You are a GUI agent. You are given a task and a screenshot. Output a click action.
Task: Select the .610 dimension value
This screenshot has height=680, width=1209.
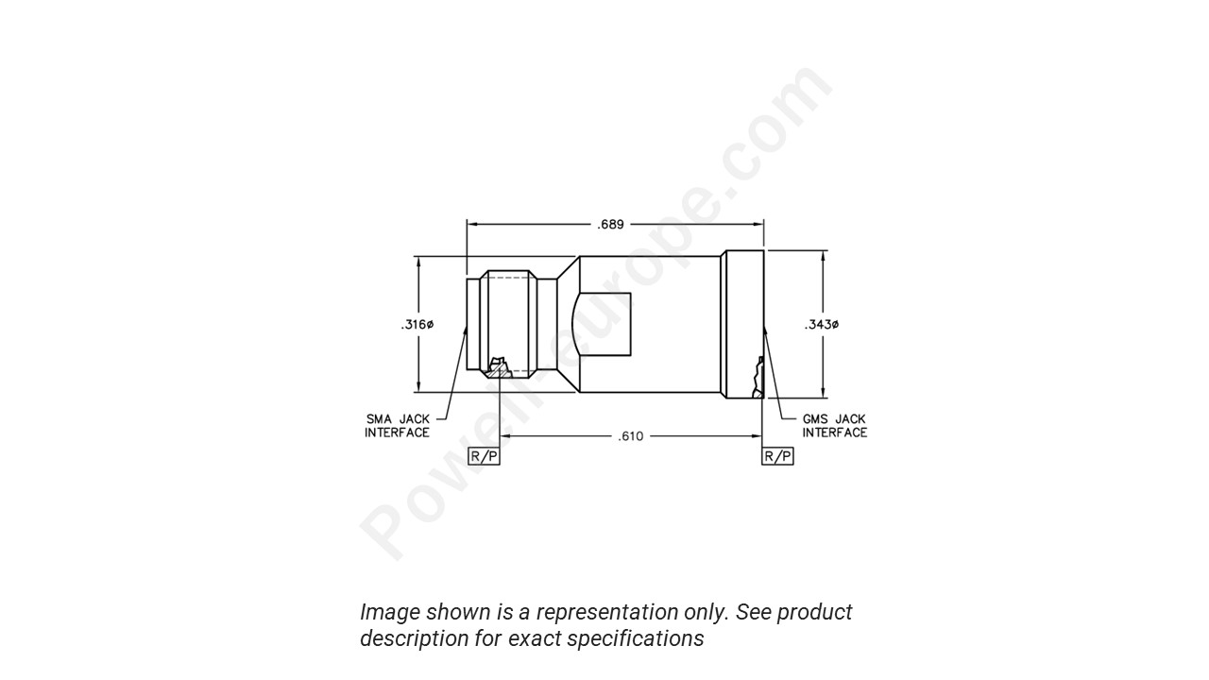coord(630,436)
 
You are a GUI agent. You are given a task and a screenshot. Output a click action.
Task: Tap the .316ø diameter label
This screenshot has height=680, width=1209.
coord(417,325)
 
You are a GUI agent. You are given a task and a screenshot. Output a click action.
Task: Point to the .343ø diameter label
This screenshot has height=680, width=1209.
coord(822,325)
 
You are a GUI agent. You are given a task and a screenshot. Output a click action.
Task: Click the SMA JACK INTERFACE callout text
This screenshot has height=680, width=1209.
coord(397,426)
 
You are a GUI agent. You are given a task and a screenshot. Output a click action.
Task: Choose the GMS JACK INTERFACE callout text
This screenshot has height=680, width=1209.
coord(834,426)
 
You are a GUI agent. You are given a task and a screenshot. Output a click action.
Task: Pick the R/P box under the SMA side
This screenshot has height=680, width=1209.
coord(484,456)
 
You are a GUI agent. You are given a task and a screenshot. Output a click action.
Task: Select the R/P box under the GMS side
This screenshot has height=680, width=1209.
coord(777,456)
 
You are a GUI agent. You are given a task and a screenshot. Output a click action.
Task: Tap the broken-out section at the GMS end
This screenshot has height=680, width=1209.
coord(756,378)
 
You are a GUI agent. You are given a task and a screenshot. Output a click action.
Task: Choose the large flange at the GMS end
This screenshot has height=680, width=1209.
coord(742,324)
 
